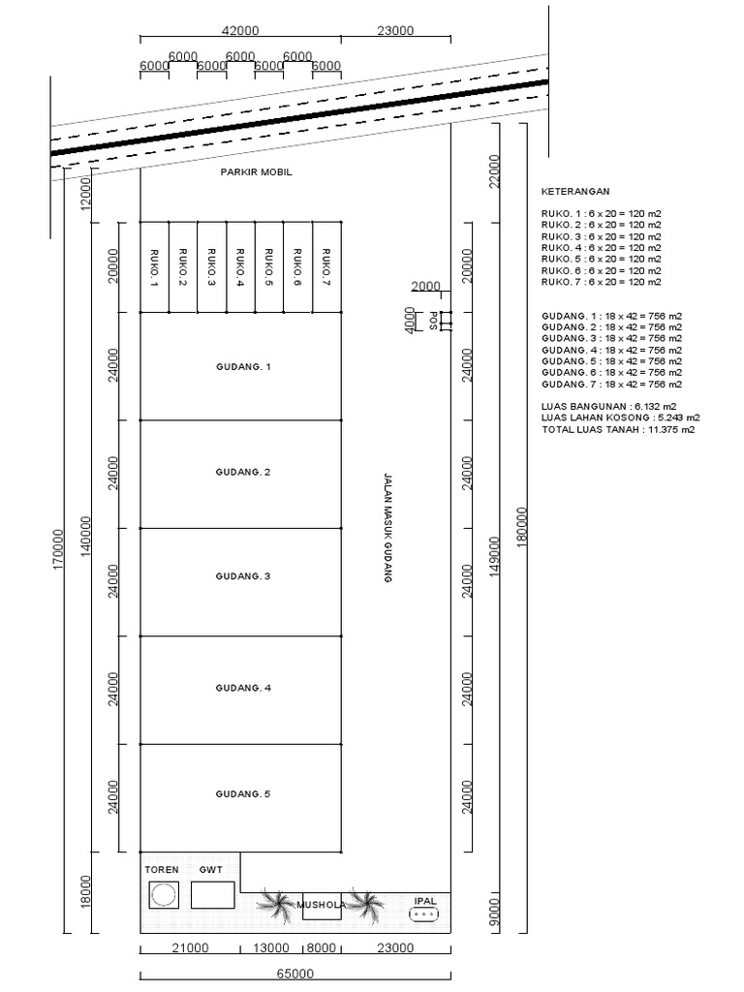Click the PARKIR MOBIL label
257,172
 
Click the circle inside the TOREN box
164,894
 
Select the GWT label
211,870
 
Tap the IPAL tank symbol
426,914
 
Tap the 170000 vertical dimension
58,552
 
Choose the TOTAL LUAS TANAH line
618,429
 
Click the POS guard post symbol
445,321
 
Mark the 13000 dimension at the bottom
271,947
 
